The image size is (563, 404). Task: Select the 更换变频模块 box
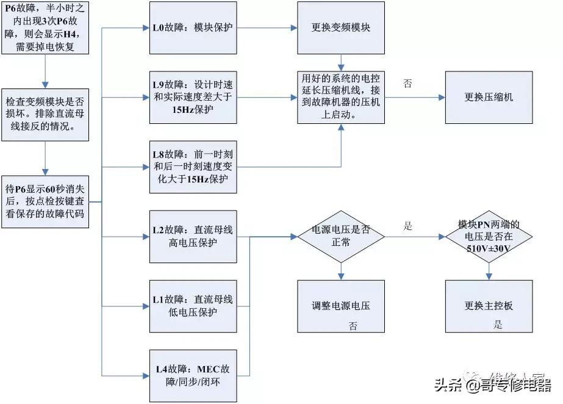[x=340, y=27]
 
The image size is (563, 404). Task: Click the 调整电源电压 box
[x=340, y=306]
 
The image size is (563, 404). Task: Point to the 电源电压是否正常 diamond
[x=340, y=237]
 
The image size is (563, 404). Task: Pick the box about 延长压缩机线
[x=340, y=97]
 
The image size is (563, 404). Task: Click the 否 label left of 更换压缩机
[x=407, y=84]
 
